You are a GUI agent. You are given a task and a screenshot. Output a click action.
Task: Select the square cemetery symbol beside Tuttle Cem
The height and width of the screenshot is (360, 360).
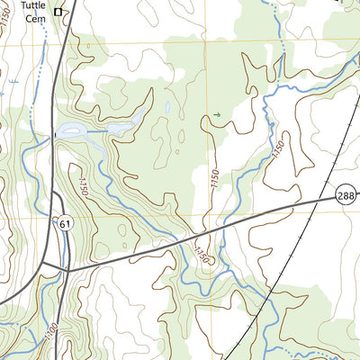(59, 12)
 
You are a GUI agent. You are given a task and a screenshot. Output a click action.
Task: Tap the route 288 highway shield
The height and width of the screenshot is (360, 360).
(346, 193)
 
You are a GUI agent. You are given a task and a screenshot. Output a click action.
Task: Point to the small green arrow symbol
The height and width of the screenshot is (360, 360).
(216, 115)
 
